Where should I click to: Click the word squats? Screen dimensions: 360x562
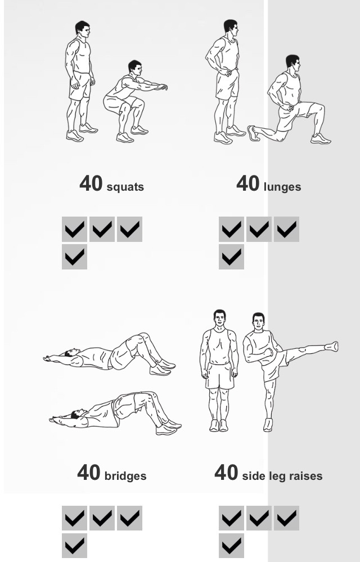pyautogui.click(x=125, y=187)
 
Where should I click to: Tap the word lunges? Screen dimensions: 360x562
pyautogui.click(x=282, y=187)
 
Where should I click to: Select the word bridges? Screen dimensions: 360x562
pyautogui.click(x=125, y=476)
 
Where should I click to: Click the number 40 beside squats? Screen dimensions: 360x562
pyautogui.click(x=91, y=183)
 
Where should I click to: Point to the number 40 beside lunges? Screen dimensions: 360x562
pyautogui.click(x=248, y=183)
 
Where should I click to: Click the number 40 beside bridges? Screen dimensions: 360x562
pyautogui.click(x=89, y=473)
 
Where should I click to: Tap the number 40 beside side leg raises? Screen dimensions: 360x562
pyautogui.click(x=226, y=473)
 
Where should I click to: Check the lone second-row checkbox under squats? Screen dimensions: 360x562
pyautogui.click(x=74, y=257)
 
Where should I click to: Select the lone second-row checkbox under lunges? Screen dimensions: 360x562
pyautogui.click(x=231, y=257)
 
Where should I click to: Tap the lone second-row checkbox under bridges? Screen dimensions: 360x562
pyautogui.click(x=74, y=546)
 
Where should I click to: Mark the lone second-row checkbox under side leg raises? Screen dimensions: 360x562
pyautogui.click(x=231, y=546)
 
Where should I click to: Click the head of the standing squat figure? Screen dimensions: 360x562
pyautogui.click(x=82, y=29)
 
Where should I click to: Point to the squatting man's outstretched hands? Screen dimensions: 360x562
pyautogui.click(x=163, y=87)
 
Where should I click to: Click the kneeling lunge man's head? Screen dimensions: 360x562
pyautogui.click(x=293, y=63)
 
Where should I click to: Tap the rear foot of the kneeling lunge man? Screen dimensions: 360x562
pyautogui.click(x=253, y=133)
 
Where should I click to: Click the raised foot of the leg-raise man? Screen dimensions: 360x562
pyautogui.click(x=331, y=346)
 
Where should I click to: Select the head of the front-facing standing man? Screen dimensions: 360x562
pyautogui.click(x=219, y=318)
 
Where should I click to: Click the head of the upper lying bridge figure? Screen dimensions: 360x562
pyautogui.click(x=71, y=352)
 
